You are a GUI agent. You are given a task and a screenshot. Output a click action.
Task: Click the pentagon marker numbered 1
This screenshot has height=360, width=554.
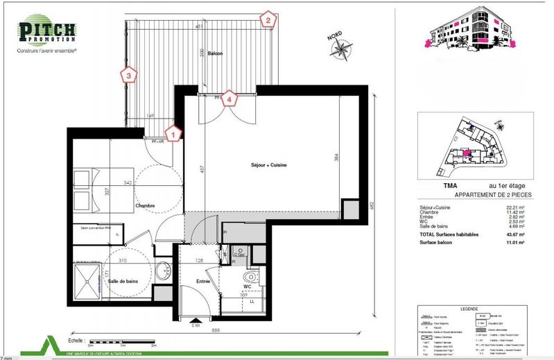[174, 130]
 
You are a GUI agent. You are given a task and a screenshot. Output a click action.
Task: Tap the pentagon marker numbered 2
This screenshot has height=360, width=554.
[266, 19]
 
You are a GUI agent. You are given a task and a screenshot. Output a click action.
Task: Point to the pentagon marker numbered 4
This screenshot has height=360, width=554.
[231, 98]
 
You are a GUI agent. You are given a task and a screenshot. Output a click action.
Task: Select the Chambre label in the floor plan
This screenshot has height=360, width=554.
[145, 205]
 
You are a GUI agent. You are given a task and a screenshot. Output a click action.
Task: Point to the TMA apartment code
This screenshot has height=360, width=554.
[431, 185]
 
